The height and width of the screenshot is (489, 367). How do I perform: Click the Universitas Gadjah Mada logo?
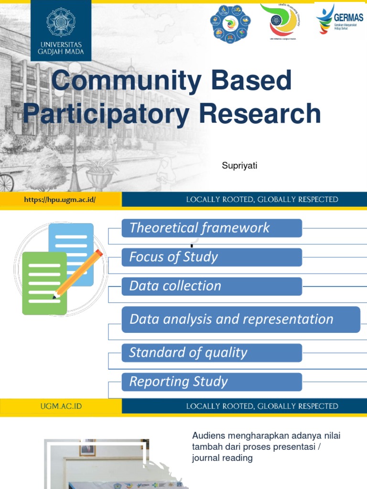61,30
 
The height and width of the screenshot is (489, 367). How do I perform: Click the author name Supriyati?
239,166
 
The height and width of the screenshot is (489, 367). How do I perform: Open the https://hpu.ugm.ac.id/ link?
60,200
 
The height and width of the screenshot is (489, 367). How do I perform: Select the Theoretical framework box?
212,228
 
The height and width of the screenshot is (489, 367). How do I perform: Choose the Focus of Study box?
212,257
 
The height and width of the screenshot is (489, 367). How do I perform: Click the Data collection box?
212,286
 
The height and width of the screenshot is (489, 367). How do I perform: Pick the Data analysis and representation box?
240,319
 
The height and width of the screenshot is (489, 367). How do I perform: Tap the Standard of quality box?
212,353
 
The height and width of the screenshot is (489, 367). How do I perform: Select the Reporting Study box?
212,382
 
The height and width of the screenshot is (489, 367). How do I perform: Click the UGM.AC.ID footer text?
61,406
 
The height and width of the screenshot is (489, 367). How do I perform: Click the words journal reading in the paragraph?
222,458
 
